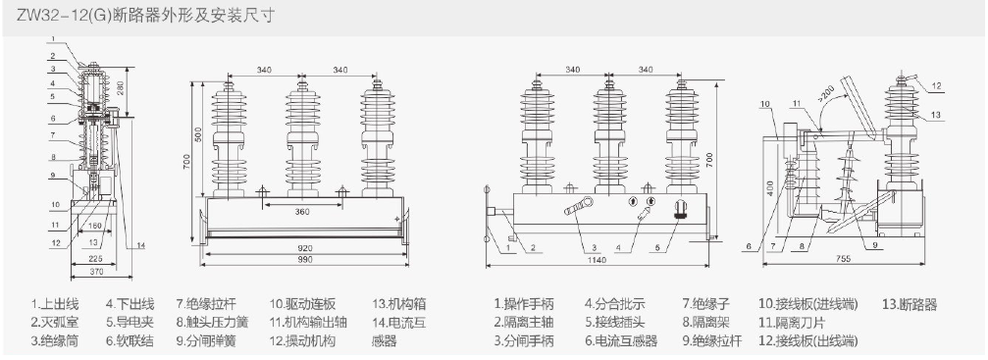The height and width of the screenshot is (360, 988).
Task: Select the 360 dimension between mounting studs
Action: (302, 212)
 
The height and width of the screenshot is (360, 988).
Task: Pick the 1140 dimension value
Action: (597, 260)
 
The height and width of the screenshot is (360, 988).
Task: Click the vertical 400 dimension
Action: (770, 188)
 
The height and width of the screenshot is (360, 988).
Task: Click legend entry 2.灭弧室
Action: (55, 323)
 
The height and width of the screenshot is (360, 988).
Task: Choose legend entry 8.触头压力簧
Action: (212, 323)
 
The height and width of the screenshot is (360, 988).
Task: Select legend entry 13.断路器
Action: (910, 305)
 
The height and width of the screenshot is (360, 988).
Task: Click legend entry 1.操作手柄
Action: (524, 304)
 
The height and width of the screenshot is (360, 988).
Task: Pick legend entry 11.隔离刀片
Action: (792, 323)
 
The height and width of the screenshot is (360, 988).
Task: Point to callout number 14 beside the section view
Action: (140, 245)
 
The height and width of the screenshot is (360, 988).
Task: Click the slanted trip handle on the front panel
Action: (578, 206)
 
